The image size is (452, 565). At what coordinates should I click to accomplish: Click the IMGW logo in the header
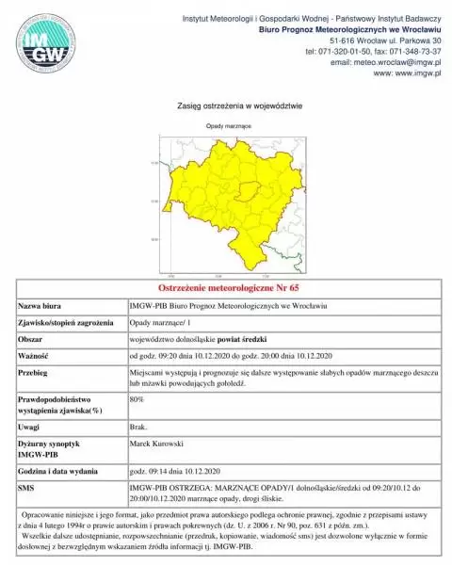pyautogui.click(x=42, y=46)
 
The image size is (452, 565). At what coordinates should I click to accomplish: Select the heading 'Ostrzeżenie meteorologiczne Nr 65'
pyautogui.click(x=225, y=286)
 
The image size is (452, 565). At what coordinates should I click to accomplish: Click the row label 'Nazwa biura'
pyautogui.click(x=43, y=306)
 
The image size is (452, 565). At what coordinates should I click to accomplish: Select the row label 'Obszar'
pyautogui.click(x=33, y=336)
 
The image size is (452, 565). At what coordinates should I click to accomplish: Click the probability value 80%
pyautogui.click(x=136, y=399)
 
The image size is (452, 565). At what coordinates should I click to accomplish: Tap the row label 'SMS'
pyautogui.click(x=27, y=488)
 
